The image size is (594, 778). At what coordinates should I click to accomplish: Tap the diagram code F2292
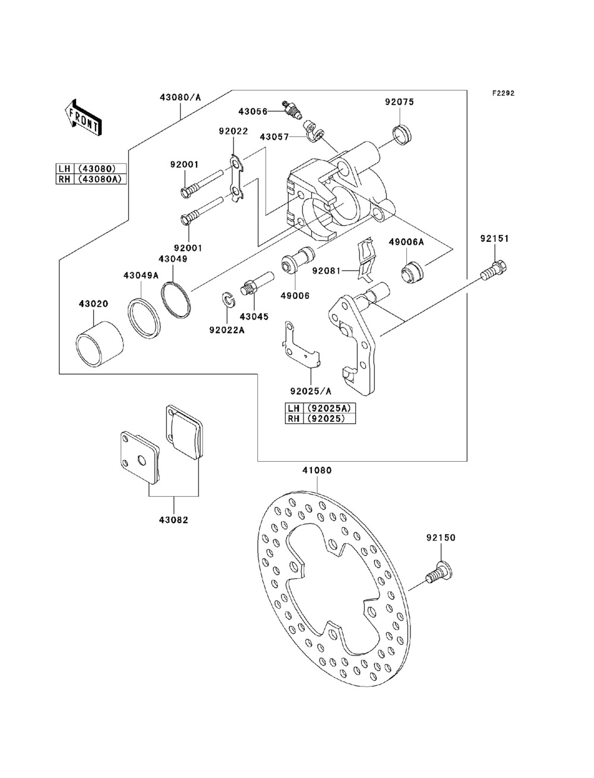point(502,93)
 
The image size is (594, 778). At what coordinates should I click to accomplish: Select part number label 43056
point(252,111)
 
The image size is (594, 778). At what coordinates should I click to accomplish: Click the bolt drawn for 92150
point(438,572)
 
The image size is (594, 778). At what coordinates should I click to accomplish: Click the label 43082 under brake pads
point(173,519)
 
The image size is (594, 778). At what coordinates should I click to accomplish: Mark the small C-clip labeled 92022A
point(226,300)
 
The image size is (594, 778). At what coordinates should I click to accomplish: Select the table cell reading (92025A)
point(328,408)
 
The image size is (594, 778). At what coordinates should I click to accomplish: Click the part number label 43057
point(274,137)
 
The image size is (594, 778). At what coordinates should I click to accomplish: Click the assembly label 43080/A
point(180,97)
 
